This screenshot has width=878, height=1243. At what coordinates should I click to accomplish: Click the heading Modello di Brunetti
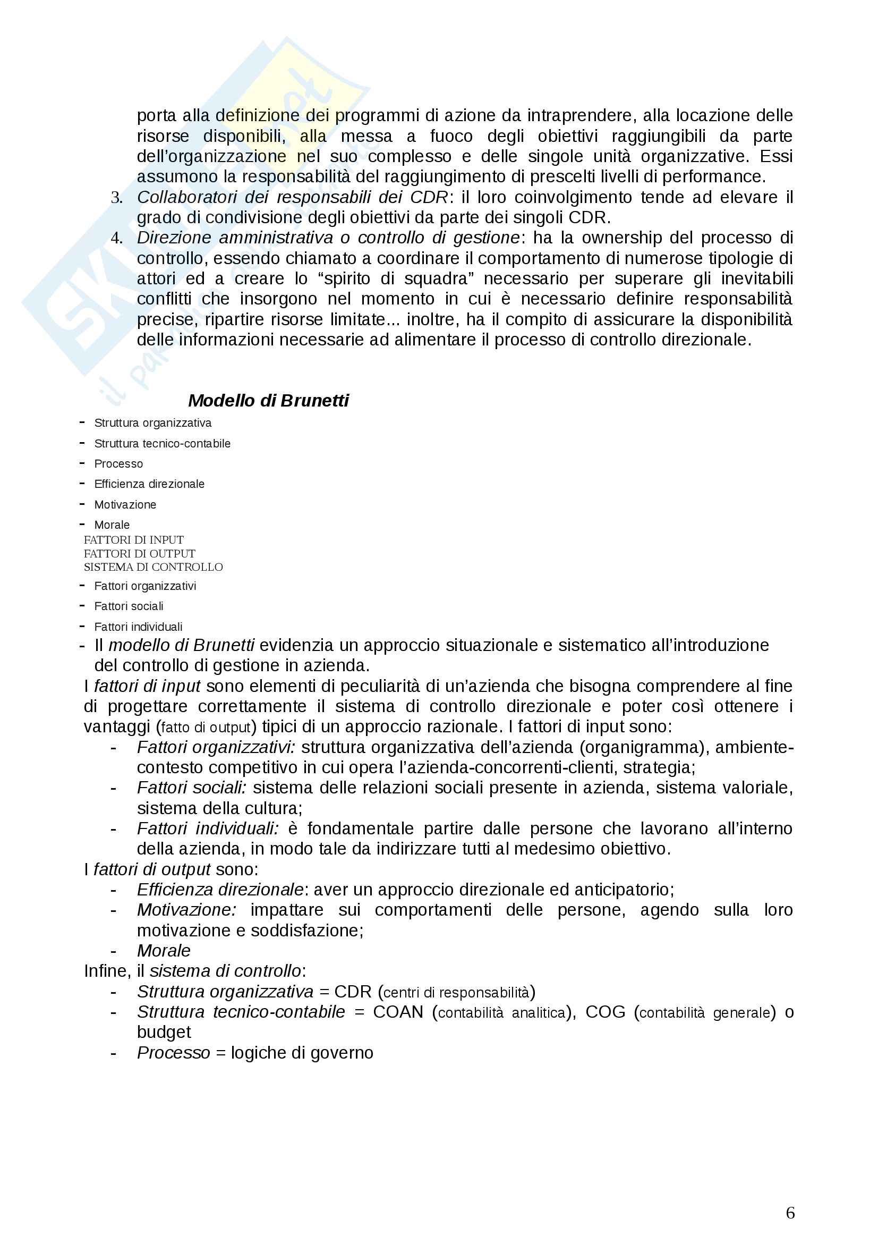pyautogui.click(x=268, y=401)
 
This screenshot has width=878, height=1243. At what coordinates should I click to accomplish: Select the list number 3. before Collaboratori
pyautogui.click(x=116, y=198)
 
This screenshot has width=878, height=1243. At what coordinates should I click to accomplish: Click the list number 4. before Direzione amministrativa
pyautogui.click(x=116, y=238)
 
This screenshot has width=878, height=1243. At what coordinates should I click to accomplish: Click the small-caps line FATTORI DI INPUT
pyautogui.click(x=134, y=540)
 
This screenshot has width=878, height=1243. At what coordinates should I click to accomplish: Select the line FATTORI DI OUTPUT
pyautogui.click(x=139, y=553)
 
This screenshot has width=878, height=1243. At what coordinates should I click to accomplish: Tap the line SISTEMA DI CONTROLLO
pyautogui.click(x=153, y=567)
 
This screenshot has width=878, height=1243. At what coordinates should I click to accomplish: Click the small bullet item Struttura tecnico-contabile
pyautogui.click(x=163, y=443)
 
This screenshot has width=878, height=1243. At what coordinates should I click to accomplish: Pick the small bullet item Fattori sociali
pyautogui.click(x=129, y=606)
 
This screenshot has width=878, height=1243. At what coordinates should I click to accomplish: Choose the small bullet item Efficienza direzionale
pyautogui.click(x=149, y=484)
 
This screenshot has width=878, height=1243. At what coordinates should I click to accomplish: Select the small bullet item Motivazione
pyautogui.click(x=125, y=504)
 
